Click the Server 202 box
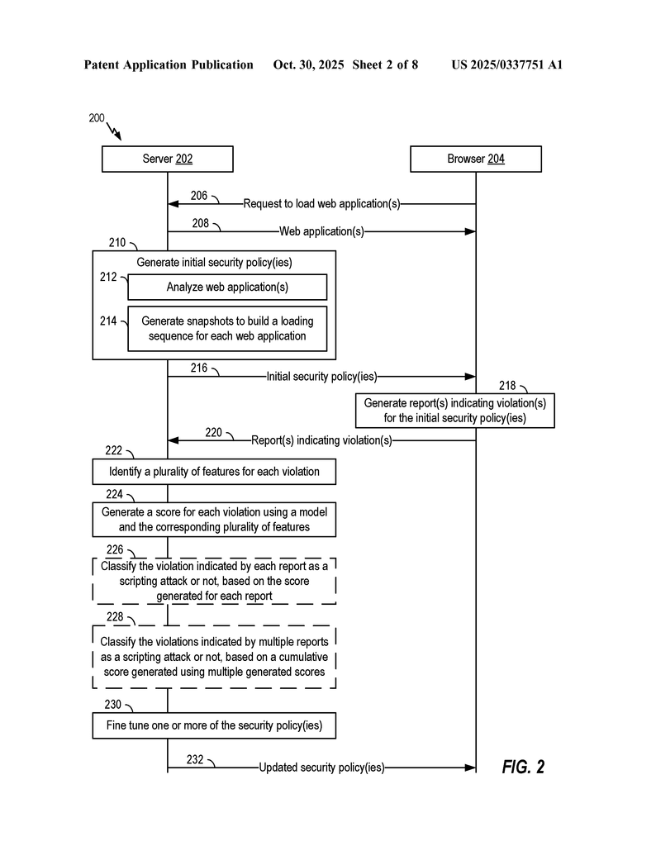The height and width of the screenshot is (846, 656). coord(168,159)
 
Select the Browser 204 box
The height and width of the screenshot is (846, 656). coord(476,159)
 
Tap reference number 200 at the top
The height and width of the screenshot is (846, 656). coord(97,118)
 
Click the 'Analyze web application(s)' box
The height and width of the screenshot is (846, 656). coord(227,287)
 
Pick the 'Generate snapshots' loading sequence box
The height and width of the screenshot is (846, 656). coord(227,328)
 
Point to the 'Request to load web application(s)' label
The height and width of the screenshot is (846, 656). coord(321,204)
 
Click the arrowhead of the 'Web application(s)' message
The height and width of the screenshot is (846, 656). coord(471,231)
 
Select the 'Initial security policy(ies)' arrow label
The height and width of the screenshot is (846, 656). coord(321,376)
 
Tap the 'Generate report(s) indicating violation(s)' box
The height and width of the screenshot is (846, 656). coord(455,411)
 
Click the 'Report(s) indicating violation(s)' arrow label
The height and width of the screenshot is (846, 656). coord(321,440)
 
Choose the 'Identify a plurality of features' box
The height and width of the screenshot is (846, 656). coord(215,473)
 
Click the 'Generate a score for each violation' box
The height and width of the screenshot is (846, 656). coord(215,520)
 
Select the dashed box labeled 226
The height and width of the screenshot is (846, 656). coord(215,580)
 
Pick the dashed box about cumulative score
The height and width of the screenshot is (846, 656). coord(215,657)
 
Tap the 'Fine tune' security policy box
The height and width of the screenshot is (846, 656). coord(215,726)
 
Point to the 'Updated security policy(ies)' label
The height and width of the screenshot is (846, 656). coord(321,768)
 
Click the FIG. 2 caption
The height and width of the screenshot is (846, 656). coord(523,767)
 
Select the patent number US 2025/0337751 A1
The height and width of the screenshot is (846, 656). coord(506,64)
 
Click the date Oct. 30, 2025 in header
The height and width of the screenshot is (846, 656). coord(308,64)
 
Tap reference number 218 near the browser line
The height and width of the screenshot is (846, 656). coord(507,385)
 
